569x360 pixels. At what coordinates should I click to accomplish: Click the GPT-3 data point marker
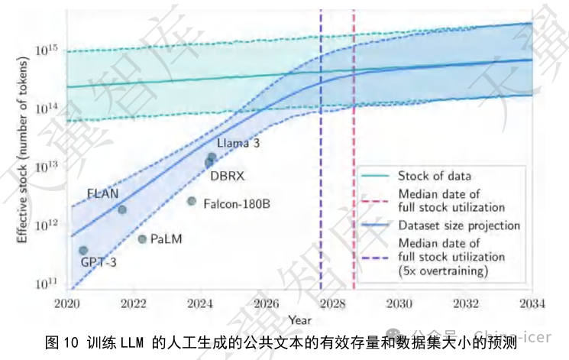83,251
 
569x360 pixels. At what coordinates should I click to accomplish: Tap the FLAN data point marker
122,209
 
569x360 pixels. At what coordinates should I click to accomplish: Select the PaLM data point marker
142,239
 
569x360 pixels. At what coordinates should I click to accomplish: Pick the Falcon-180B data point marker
192,201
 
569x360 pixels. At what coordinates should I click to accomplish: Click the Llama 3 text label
238,143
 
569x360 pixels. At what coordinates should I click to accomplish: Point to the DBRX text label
227,176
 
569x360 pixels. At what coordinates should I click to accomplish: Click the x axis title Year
299,317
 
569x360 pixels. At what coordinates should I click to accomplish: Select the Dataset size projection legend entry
458,225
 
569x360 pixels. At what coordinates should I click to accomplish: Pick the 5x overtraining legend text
443,271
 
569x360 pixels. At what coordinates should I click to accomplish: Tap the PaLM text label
166,239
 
